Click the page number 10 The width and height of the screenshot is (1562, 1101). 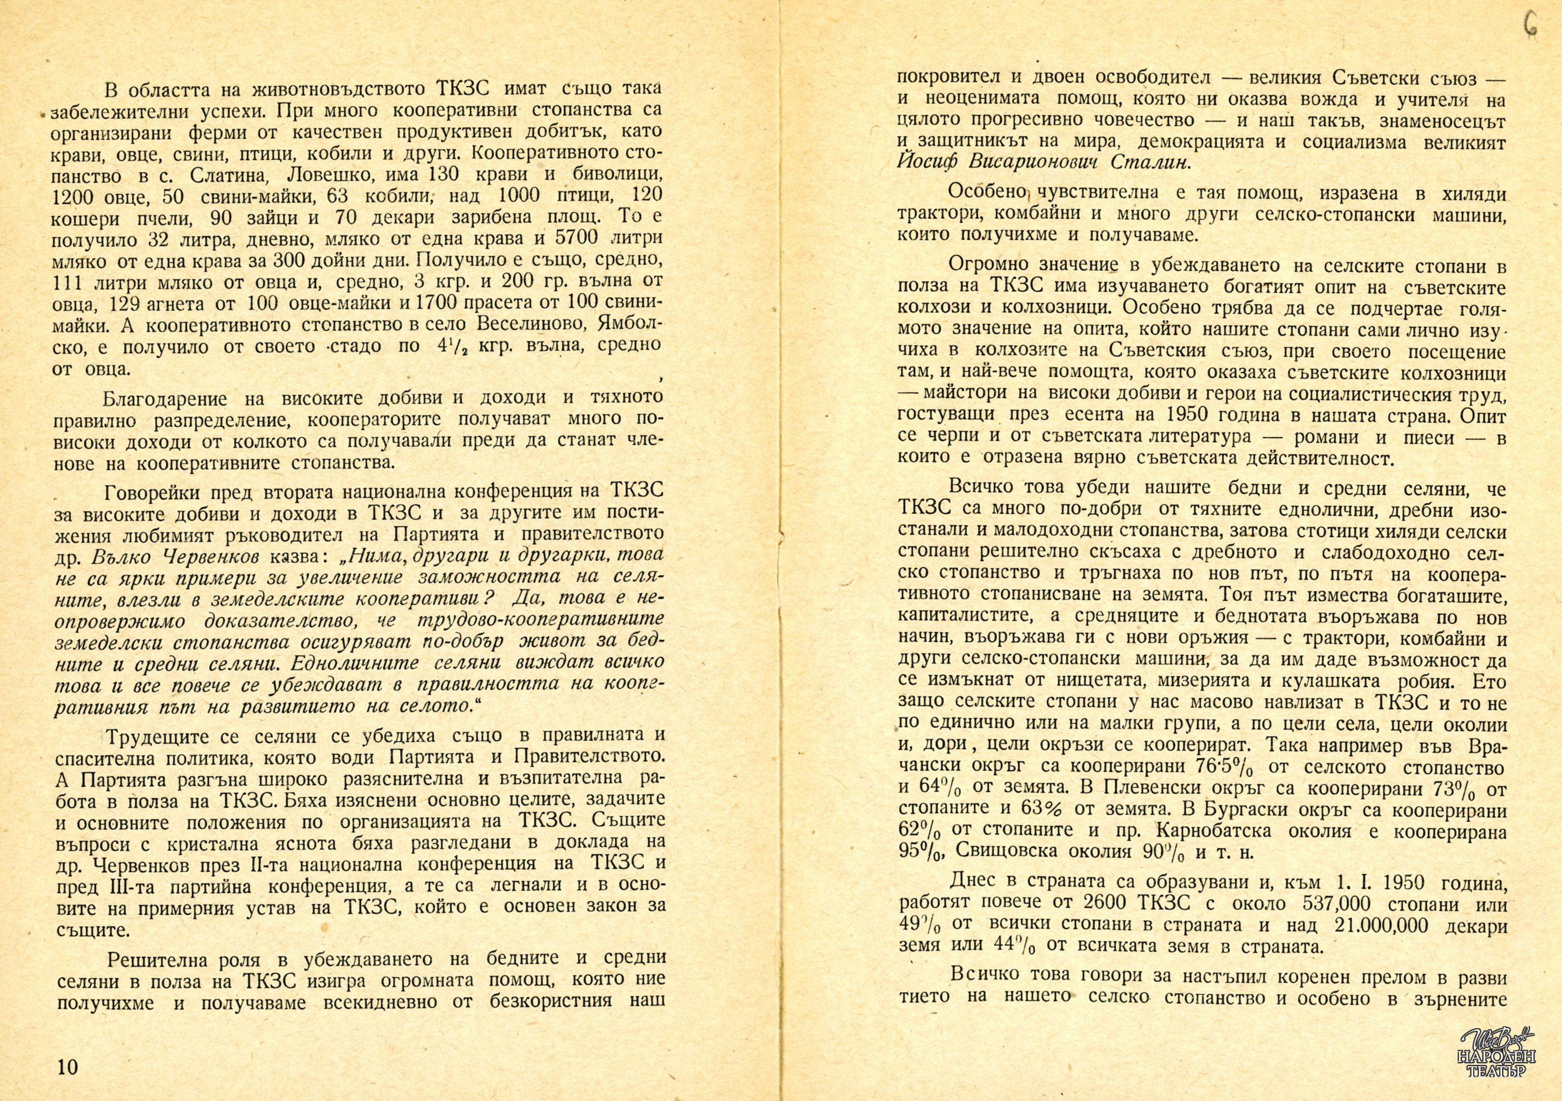(x=69, y=1066)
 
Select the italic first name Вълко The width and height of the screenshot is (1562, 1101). (x=114, y=557)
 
